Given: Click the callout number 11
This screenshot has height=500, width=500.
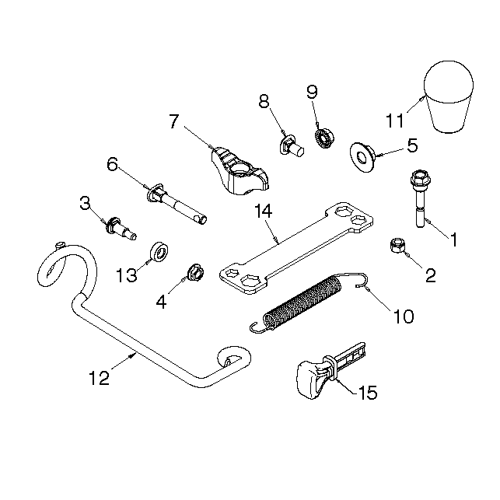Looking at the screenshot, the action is click(x=395, y=121).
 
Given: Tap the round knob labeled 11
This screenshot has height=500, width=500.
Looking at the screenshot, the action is click(x=449, y=96).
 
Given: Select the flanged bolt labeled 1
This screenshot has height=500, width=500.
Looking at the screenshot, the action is click(x=420, y=198).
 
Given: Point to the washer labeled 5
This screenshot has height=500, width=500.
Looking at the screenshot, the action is click(x=362, y=157).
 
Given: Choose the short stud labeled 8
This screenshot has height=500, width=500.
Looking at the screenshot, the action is click(x=292, y=147).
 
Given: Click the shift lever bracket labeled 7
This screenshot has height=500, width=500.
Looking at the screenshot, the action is click(x=239, y=171).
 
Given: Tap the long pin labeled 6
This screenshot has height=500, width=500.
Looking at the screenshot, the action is click(x=177, y=204).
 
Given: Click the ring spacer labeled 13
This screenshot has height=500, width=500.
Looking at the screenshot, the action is click(x=159, y=252).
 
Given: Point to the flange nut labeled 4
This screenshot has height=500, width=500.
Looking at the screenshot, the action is click(x=195, y=272).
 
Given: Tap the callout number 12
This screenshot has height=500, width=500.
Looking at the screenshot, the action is click(x=100, y=378).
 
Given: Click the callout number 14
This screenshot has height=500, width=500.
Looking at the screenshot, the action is click(x=263, y=211).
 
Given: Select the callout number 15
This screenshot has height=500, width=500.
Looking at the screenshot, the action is click(x=368, y=392).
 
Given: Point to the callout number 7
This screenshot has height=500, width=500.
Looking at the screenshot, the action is click(x=173, y=121).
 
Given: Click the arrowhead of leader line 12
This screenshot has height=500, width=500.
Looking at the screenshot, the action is click(x=134, y=355).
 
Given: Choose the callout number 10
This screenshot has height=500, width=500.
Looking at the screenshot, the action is click(x=404, y=316).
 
